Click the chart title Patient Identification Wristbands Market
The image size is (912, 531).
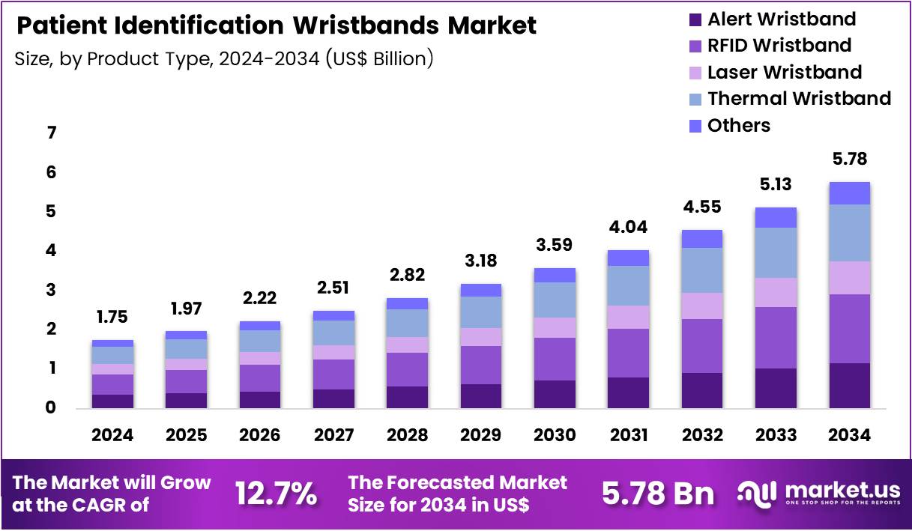[x=276, y=26]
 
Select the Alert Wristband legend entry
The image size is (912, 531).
[x=781, y=19]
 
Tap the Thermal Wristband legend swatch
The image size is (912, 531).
[x=695, y=99]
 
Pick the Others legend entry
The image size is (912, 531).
[x=738, y=125]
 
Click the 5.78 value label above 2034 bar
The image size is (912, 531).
[x=849, y=159]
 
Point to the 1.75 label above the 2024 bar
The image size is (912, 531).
[x=112, y=316]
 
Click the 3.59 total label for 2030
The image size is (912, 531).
[x=555, y=244]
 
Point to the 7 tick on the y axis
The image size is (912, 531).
[x=52, y=134]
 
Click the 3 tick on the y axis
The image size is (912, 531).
[x=52, y=290]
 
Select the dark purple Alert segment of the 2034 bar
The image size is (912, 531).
[x=849, y=385]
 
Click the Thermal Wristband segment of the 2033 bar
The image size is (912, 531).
[x=776, y=252]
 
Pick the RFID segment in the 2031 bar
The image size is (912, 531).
[x=628, y=353]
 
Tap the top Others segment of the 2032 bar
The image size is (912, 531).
[x=701, y=238]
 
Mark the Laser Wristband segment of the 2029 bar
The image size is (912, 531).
[x=480, y=337]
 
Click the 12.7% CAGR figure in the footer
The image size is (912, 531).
[x=276, y=494]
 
